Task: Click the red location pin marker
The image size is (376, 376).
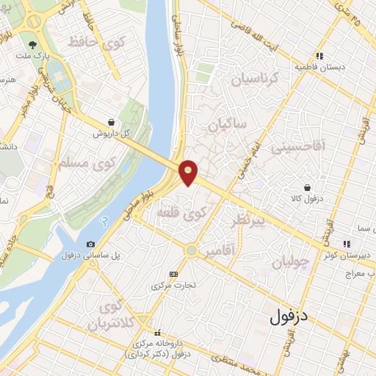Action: (189, 172)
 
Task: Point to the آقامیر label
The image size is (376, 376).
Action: (221, 252)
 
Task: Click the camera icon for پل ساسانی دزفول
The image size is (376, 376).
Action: (90, 244)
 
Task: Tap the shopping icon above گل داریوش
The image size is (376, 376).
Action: (110, 123)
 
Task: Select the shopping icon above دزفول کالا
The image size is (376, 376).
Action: (316, 187)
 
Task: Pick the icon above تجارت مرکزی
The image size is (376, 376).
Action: (173, 273)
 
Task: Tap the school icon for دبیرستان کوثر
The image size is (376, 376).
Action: (344, 245)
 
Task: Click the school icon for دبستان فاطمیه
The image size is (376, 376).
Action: (319, 55)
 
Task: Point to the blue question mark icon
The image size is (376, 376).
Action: (105, 221)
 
